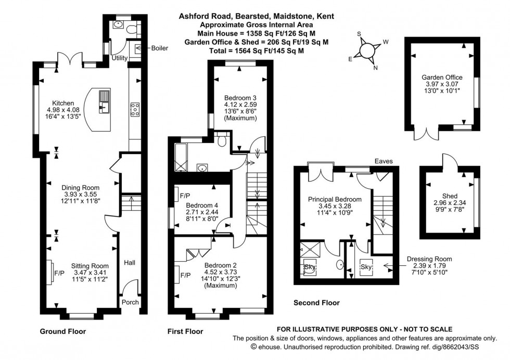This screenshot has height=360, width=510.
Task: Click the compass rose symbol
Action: click(367, 51)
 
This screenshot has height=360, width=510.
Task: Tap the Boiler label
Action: click(160, 48)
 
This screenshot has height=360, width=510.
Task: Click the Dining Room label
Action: click(80, 187)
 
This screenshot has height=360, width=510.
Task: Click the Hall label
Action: click(129, 263)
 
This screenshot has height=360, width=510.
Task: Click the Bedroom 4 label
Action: click(202, 205)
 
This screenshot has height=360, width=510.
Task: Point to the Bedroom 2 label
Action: click(221, 264)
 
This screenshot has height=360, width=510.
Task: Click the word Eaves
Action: click(386, 162)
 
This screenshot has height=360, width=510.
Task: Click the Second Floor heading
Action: click(316, 303)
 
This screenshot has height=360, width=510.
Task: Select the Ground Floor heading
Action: click(63, 331)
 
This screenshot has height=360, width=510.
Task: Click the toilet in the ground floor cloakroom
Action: click(130, 28)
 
